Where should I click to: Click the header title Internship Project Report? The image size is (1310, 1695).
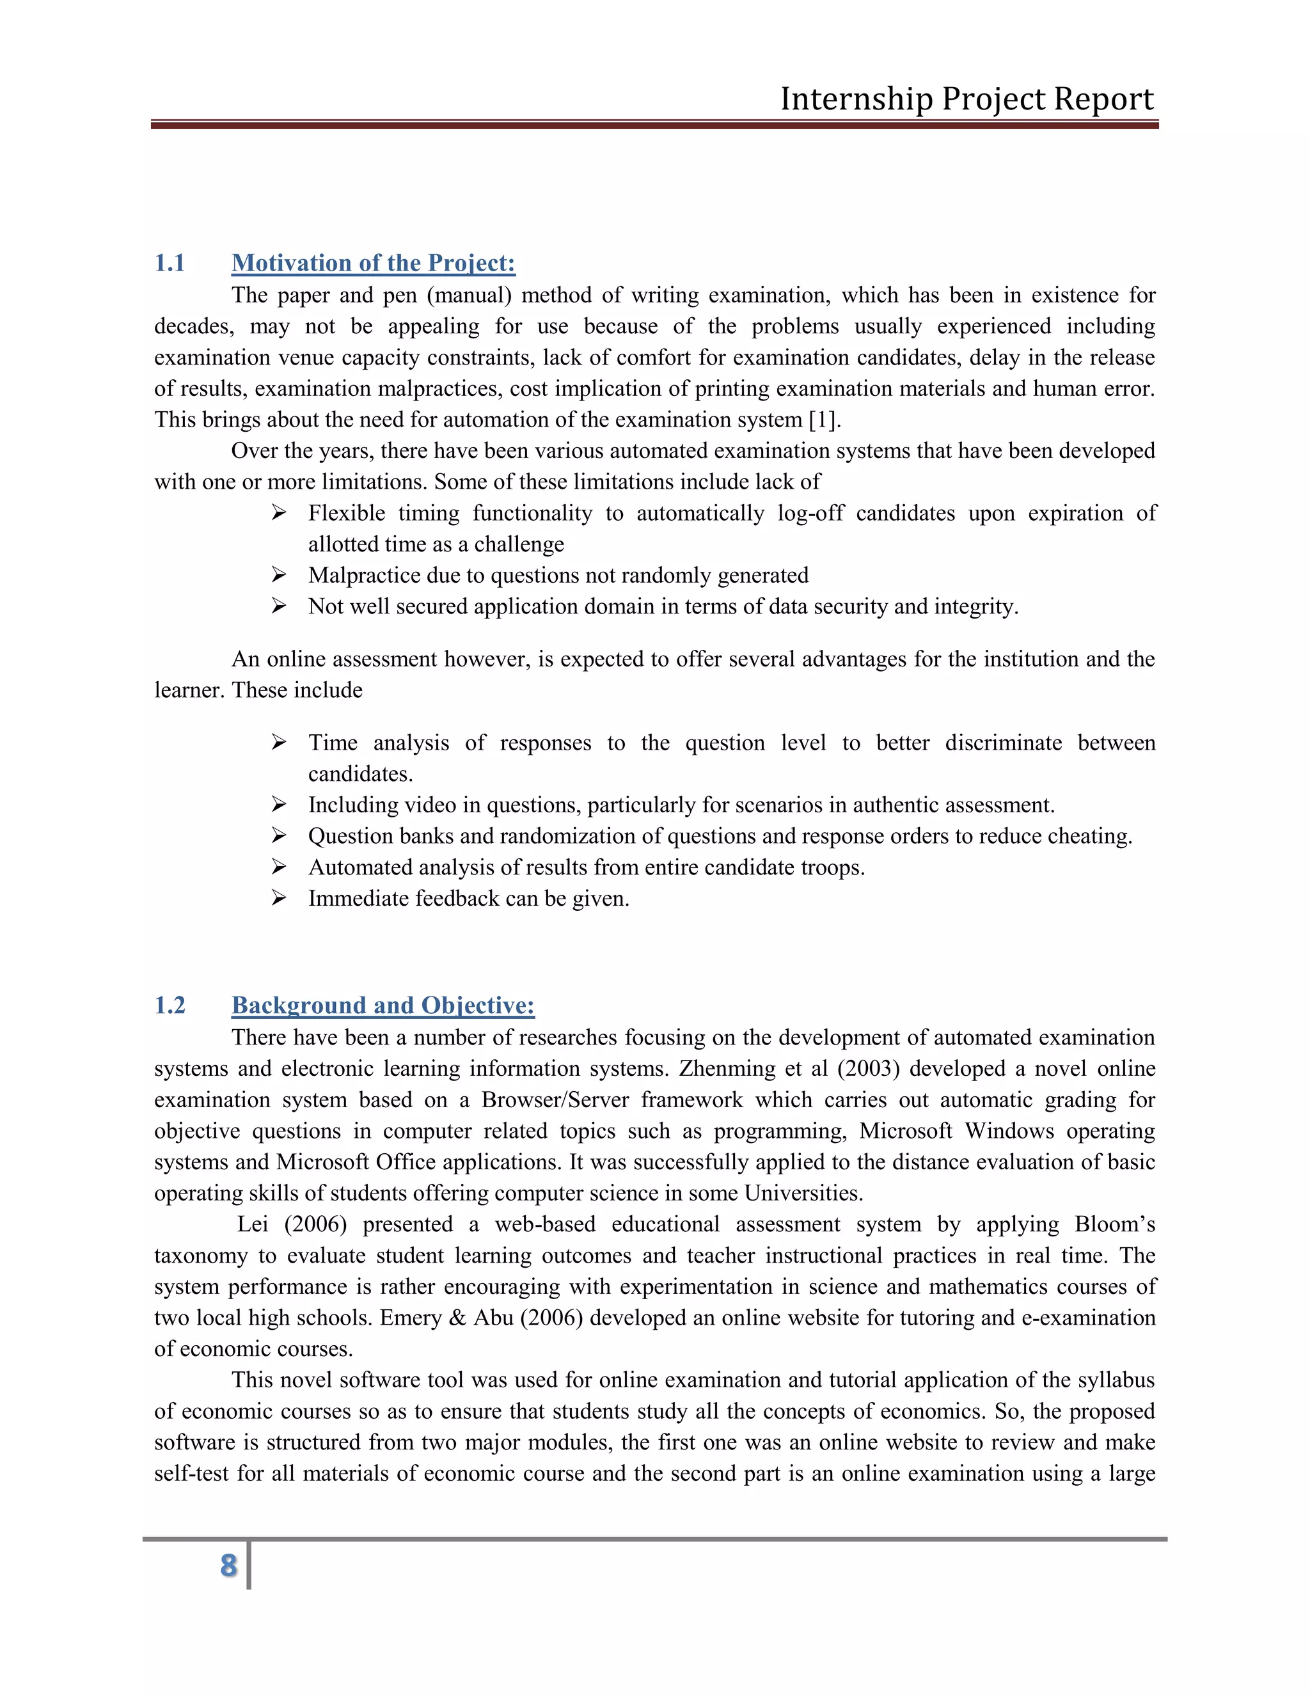967,99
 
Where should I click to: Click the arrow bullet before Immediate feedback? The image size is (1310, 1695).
280,898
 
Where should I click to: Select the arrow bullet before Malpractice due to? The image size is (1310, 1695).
280,575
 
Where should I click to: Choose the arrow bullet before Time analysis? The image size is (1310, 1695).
280,743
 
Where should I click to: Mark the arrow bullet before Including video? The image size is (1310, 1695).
280,805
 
